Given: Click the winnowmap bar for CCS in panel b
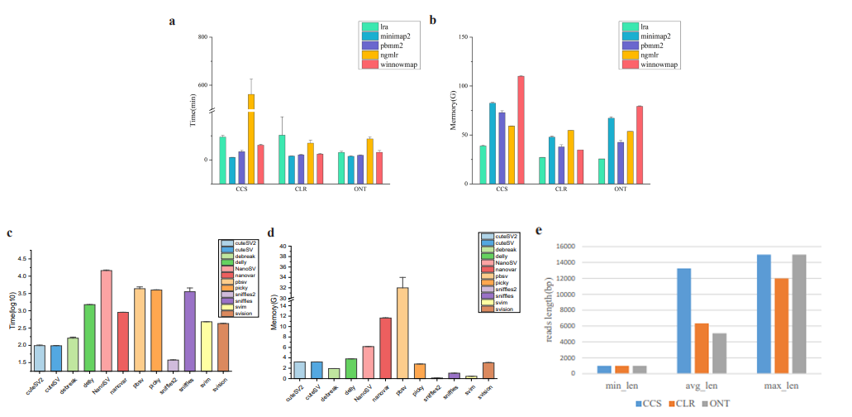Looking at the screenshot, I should [x=521, y=128].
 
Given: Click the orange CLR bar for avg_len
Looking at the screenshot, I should [x=702, y=348].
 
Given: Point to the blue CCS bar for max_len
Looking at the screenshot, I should [x=764, y=314].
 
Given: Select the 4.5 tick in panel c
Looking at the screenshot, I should [x=24, y=258].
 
